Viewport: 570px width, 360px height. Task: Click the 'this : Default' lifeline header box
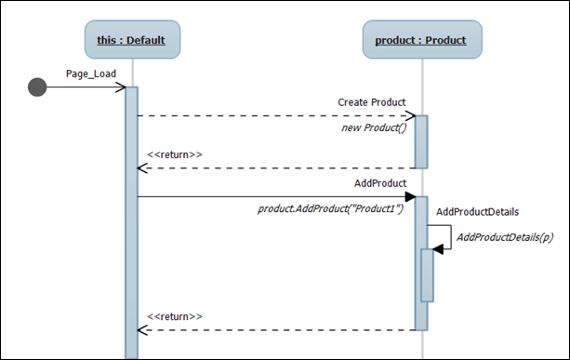tap(132, 40)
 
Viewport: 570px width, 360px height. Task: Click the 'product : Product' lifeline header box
tap(421, 40)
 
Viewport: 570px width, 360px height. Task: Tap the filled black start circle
tap(37, 87)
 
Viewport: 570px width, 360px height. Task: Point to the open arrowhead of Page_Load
tap(120, 87)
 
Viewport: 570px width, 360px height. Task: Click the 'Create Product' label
tap(371, 101)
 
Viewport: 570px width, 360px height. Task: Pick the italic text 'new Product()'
tap(374, 127)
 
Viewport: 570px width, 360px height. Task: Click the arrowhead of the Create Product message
tap(409, 116)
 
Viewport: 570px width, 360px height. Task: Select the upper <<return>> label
tap(175, 153)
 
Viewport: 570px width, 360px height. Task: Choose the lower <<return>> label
tap(175, 316)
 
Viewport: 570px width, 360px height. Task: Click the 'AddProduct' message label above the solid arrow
tap(379, 182)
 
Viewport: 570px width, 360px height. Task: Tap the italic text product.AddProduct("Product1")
tap(330, 209)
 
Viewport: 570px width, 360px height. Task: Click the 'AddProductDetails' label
tap(477, 212)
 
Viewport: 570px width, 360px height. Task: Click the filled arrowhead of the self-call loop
tap(438, 248)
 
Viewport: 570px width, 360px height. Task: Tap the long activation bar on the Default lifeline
tap(131, 223)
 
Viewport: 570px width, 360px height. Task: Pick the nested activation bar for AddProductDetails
tap(427, 274)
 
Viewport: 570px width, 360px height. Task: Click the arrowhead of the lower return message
tap(142, 330)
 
